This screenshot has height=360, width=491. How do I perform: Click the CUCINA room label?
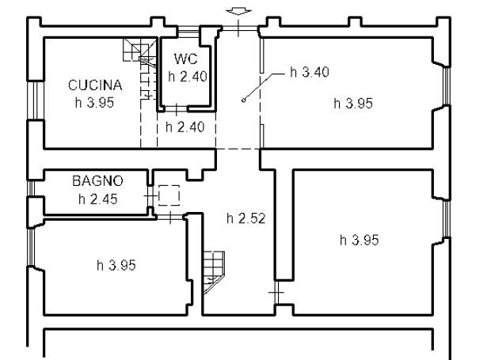pyautogui.click(x=95, y=85)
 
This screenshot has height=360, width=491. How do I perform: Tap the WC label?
pyautogui.click(x=185, y=59)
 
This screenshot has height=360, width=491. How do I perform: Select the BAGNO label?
pyautogui.click(x=97, y=180)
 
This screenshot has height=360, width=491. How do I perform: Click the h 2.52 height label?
pyautogui.click(x=246, y=218)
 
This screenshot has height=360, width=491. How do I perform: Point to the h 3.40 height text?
pyautogui.click(x=310, y=72)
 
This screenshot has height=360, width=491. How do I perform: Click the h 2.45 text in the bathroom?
pyautogui.click(x=98, y=199)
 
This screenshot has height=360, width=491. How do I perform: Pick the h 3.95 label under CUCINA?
pyautogui.click(x=94, y=103)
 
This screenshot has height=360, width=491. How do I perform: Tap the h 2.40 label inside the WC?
pyautogui.click(x=188, y=77)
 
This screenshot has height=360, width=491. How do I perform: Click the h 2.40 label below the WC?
pyautogui.click(x=185, y=127)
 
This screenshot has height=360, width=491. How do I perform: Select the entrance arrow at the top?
pyautogui.click(x=238, y=11)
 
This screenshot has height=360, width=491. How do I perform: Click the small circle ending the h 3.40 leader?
pyautogui.click(x=243, y=100)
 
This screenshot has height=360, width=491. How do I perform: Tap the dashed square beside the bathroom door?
pyautogui.click(x=169, y=195)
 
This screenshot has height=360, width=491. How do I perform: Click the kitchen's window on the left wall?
pyautogui.click(x=35, y=100)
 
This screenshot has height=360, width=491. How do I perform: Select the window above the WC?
pyautogui.click(x=188, y=32)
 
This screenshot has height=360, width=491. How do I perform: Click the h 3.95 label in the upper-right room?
pyautogui.click(x=353, y=104)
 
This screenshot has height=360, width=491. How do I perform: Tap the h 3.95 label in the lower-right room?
pyautogui.click(x=360, y=241)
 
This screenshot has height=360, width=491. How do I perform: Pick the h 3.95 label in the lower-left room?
pyautogui.click(x=116, y=266)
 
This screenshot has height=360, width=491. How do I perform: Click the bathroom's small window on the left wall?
pyautogui.click(x=30, y=188)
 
